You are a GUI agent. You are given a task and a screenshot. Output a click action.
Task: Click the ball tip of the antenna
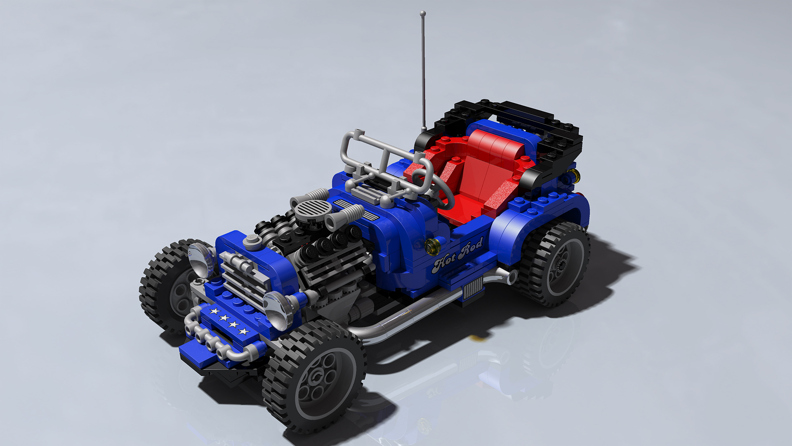point(422,14)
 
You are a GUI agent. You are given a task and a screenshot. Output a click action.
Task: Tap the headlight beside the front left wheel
point(201,259)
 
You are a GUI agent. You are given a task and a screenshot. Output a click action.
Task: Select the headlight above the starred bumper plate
point(277,310)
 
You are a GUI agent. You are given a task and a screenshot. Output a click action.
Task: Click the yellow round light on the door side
point(432,246)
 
